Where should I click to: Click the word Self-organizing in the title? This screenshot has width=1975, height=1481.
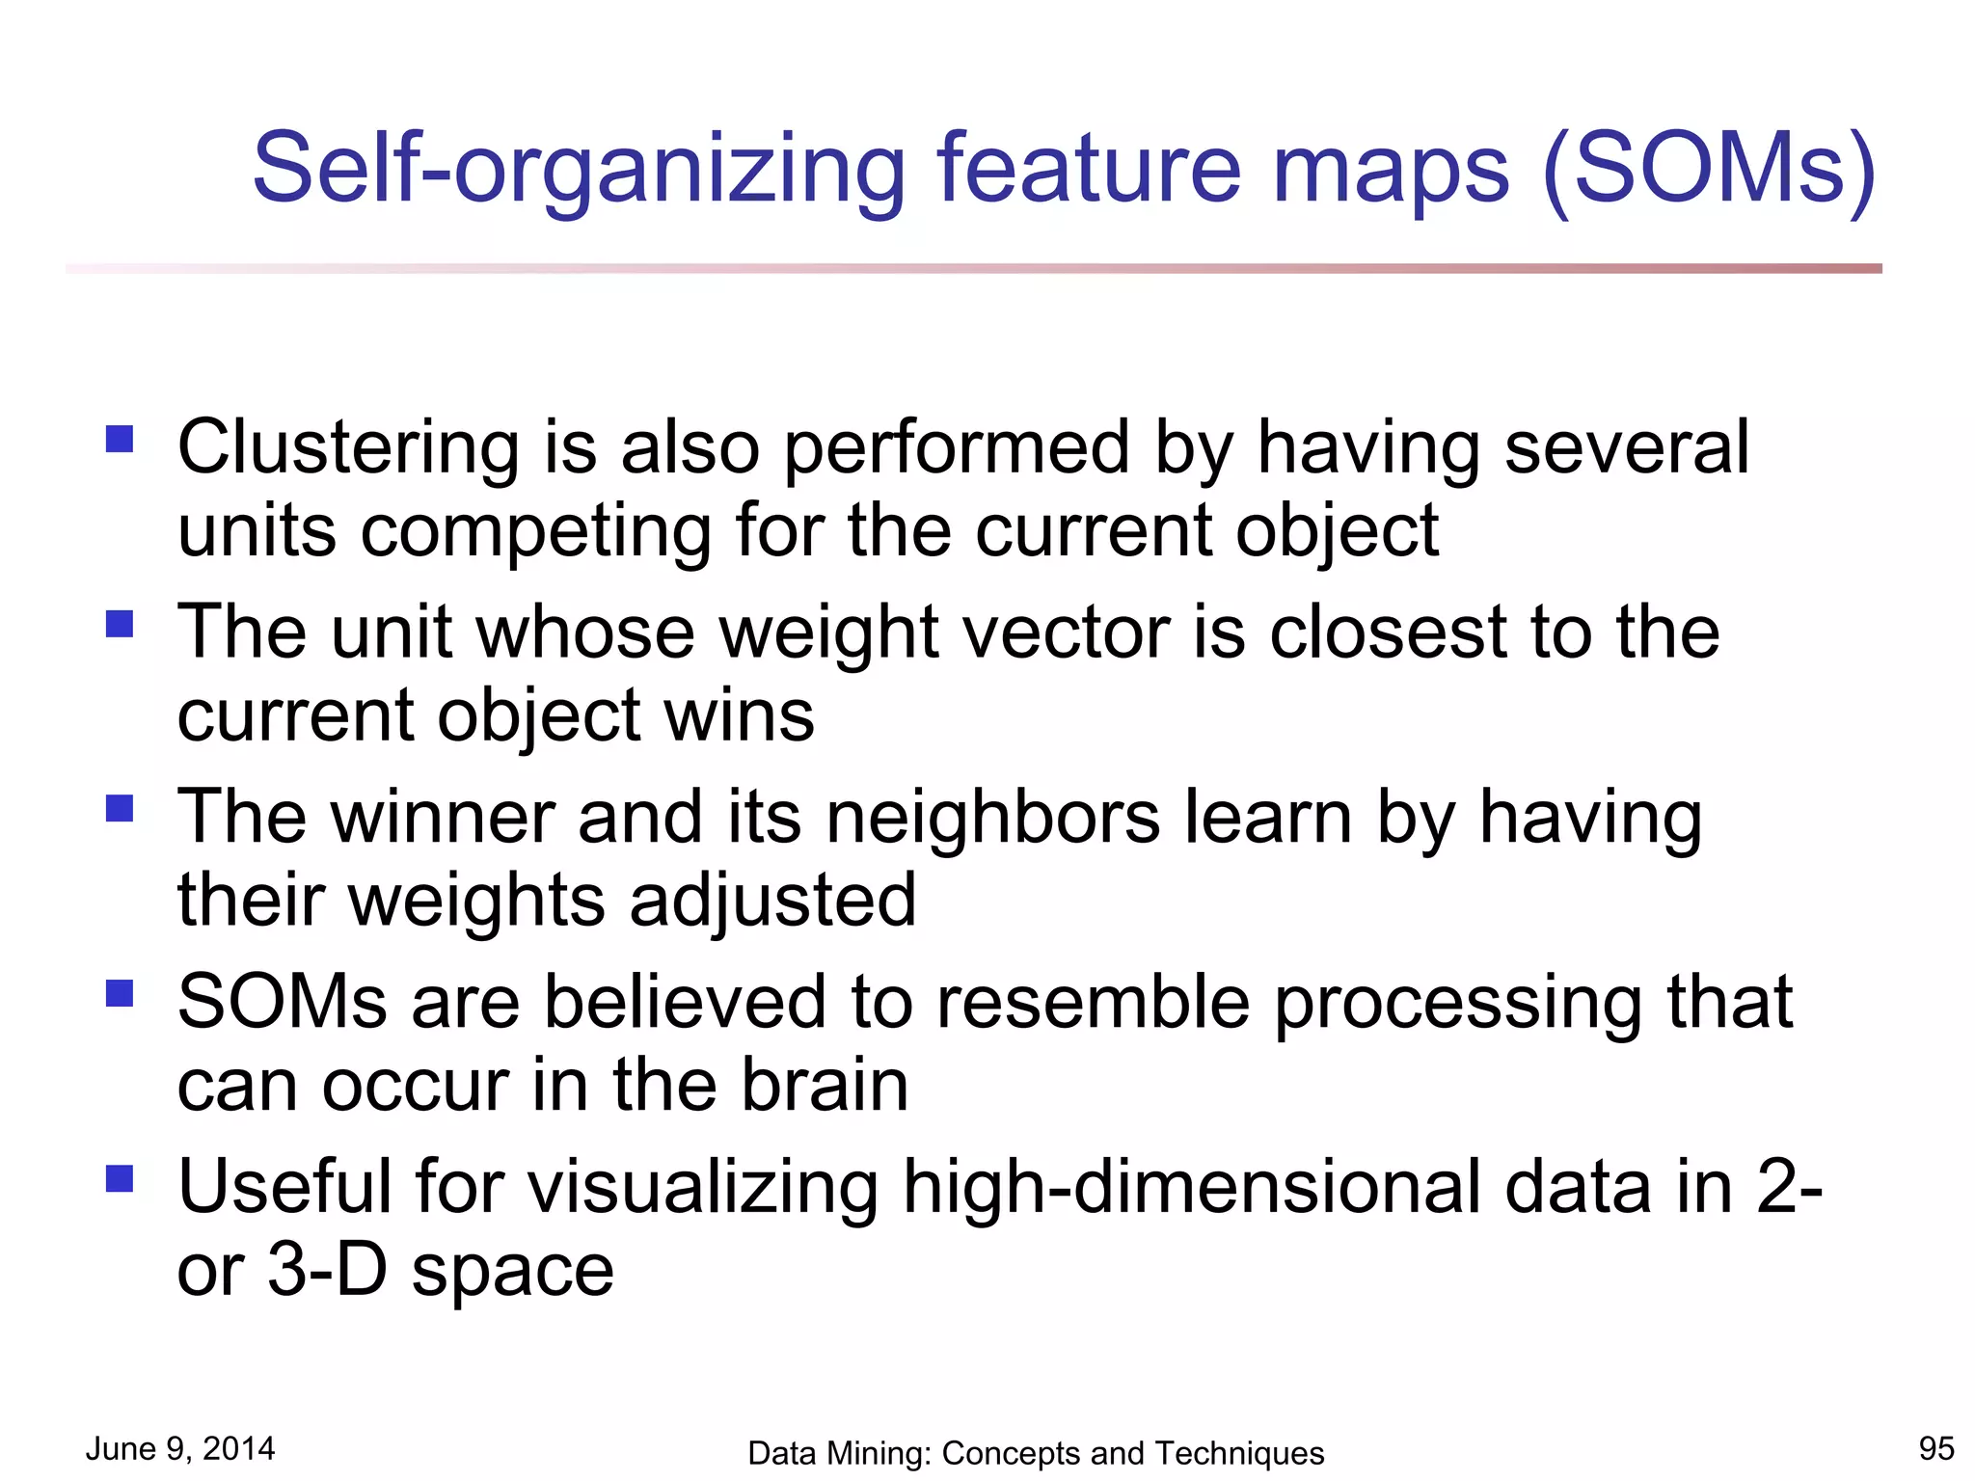pos(578,170)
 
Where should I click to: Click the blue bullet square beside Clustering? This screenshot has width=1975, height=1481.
pos(120,440)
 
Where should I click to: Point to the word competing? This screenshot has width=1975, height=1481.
pos(535,532)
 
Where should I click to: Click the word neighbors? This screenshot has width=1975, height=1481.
pos(993,818)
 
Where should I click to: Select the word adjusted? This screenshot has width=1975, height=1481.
pos(773,901)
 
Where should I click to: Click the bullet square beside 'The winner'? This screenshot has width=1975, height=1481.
pos(120,808)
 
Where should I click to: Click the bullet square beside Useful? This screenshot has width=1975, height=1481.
pos(120,1178)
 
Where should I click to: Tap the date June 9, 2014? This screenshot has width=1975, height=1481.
pos(180,1448)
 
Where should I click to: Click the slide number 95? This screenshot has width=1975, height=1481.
pos(1935,1448)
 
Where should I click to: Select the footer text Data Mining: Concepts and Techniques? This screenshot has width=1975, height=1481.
pos(1036,1453)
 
